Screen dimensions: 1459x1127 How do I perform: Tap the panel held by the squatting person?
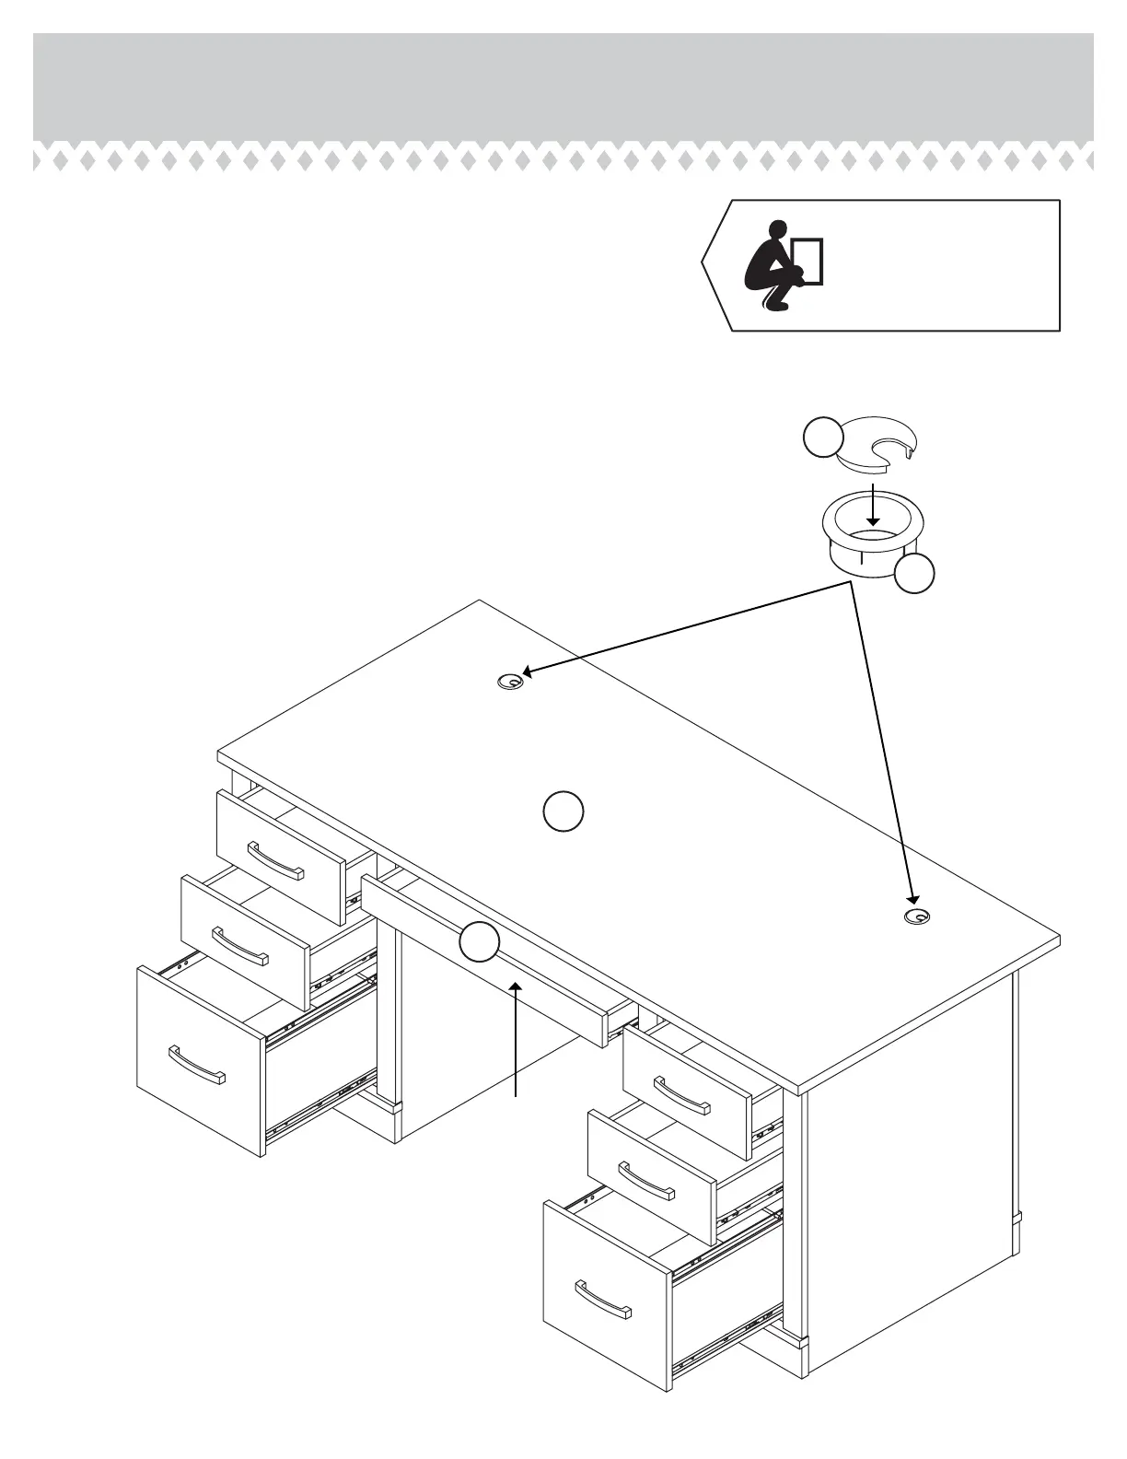tap(807, 260)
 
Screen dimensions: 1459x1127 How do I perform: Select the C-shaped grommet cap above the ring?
tap(876, 443)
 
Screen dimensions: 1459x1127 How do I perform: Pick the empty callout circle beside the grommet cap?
tap(822, 437)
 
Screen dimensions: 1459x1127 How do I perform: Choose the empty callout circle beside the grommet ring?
tap(915, 573)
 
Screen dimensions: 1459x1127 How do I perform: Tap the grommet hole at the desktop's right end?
tap(918, 916)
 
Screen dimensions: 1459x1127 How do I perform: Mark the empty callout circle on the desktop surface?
tap(563, 811)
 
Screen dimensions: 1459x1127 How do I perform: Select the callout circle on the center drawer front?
tap(480, 941)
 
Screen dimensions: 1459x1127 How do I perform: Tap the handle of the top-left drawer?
tap(275, 860)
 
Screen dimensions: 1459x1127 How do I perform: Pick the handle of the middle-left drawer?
tap(239, 946)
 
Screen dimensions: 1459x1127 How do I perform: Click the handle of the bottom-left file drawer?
tap(196, 1065)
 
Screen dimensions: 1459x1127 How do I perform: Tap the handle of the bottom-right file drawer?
tap(603, 1299)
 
